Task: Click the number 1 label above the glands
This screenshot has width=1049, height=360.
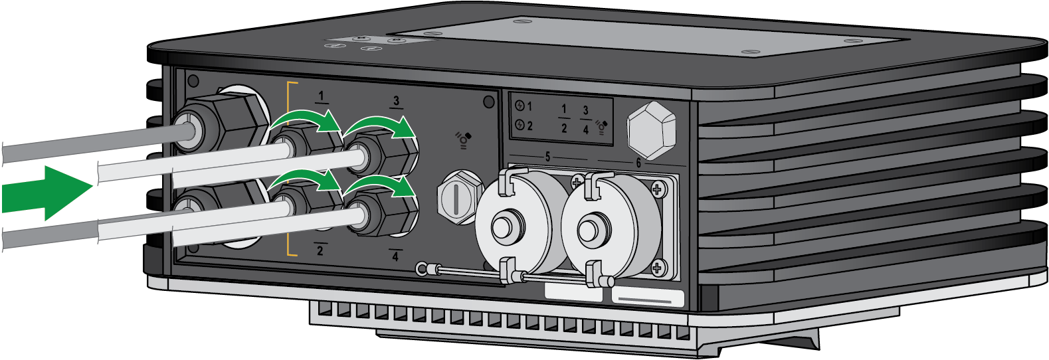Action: (x=322, y=96)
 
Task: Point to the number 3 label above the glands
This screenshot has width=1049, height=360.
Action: (x=397, y=101)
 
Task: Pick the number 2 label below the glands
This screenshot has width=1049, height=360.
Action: (x=320, y=250)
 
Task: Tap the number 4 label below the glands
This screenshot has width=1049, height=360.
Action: (x=395, y=256)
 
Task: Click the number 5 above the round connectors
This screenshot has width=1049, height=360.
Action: (x=547, y=157)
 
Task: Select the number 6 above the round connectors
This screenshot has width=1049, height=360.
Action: (x=638, y=163)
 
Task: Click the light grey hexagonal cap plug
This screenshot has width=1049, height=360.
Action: (x=652, y=130)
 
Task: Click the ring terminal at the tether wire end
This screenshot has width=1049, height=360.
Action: (x=422, y=268)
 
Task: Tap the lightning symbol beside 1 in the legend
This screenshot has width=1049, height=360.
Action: (x=520, y=106)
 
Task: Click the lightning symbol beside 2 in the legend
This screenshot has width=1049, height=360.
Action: (x=520, y=125)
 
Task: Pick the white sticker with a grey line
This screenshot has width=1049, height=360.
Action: (x=648, y=298)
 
